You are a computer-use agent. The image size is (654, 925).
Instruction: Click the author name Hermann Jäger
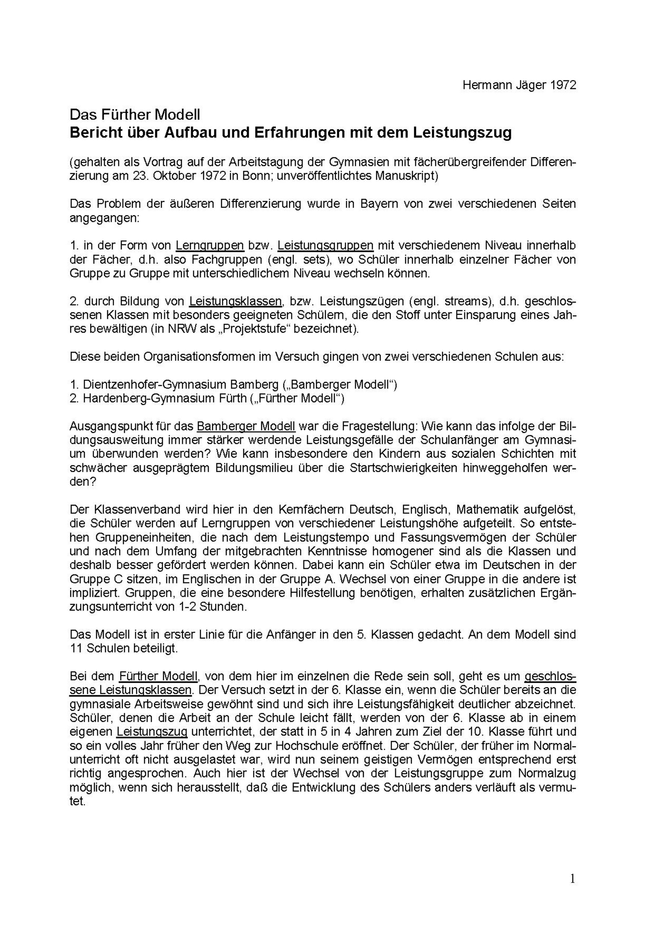[x=504, y=85]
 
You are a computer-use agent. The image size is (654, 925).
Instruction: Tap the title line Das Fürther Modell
[x=135, y=115]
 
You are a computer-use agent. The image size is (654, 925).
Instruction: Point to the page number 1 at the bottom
[x=573, y=878]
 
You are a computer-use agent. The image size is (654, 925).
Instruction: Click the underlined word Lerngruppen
[x=210, y=246]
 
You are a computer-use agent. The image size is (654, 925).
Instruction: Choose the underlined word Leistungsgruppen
[x=325, y=246]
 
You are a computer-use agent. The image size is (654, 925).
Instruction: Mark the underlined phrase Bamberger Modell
[x=246, y=426]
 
